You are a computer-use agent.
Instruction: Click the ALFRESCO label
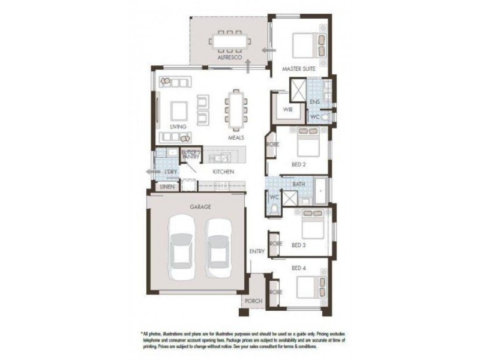230,58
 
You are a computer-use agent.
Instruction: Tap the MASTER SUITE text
299,70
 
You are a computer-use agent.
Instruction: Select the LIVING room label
178,127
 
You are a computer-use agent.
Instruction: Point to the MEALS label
236,137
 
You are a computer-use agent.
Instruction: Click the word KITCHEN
223,172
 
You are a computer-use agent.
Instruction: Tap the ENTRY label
257,251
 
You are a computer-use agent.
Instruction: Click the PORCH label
253,301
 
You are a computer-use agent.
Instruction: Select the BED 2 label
300,163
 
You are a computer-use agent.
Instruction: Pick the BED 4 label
299,268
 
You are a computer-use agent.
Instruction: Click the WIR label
287,110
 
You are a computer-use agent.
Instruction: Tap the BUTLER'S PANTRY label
190,154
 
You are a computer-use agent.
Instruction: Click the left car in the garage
181,248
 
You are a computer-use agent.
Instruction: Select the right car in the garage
218,248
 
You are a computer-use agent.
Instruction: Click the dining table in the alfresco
230,41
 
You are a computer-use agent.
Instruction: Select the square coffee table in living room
179,110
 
